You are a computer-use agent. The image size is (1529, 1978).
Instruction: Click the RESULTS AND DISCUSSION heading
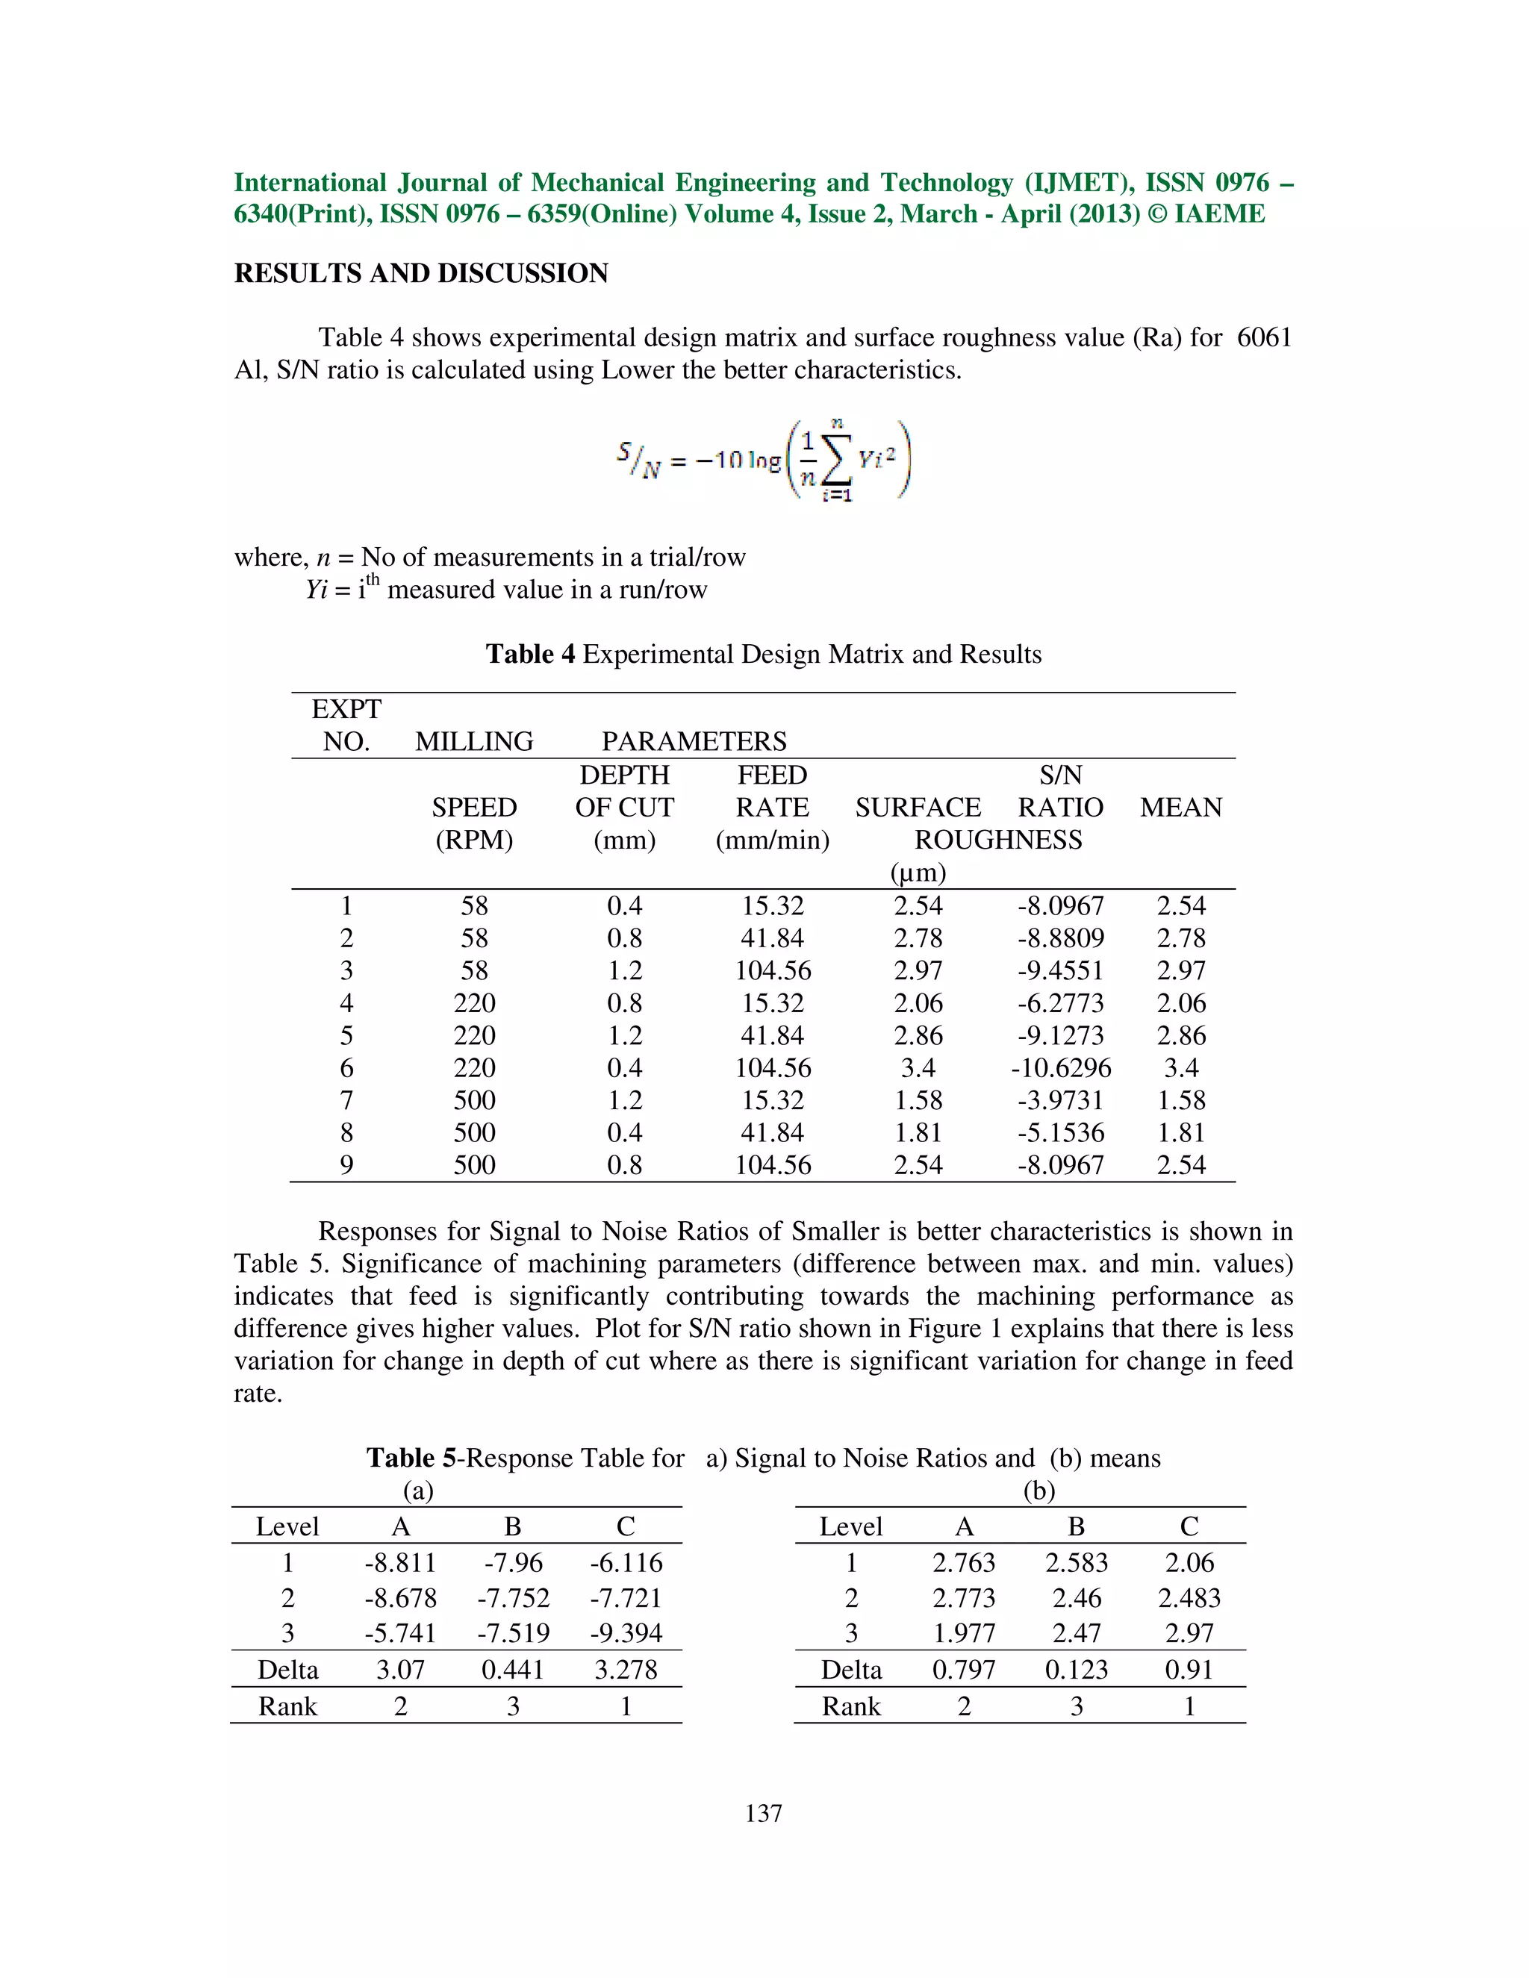click(x=421, y=272)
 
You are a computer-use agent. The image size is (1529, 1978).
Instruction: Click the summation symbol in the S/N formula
click(x=837, y=464)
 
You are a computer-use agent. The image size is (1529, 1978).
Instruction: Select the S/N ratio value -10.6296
click(x=1061, y=1068)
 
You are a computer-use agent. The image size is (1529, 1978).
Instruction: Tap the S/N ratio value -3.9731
click(x=1061, y=1100)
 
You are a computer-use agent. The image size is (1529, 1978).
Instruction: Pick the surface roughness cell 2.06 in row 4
click(x=918, y=1003)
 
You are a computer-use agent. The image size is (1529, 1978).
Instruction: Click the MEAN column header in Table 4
click(x=1180, y=807)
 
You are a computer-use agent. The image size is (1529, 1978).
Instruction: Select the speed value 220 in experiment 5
click(x=474, y=1035)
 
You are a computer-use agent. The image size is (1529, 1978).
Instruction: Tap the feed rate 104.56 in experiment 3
click(x=772, y=971)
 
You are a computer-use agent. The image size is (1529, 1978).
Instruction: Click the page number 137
click(x=764, y=1813)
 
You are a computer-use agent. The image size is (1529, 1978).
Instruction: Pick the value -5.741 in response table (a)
click(x=400, y=1633)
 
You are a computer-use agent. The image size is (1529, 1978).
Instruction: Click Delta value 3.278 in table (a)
click(x=625, y=1669)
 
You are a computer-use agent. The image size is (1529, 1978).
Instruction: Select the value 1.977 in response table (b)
click(x=964, y=1633)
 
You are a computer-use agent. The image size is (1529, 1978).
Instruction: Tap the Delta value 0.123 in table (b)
click(x=1076, y=1669)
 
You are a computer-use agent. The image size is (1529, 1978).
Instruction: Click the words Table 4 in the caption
click(x=530, y=654)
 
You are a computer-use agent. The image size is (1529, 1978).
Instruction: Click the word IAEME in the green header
click(x=1219, y=213)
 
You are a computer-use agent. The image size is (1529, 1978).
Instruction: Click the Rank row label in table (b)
click(x=850, y=1706)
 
